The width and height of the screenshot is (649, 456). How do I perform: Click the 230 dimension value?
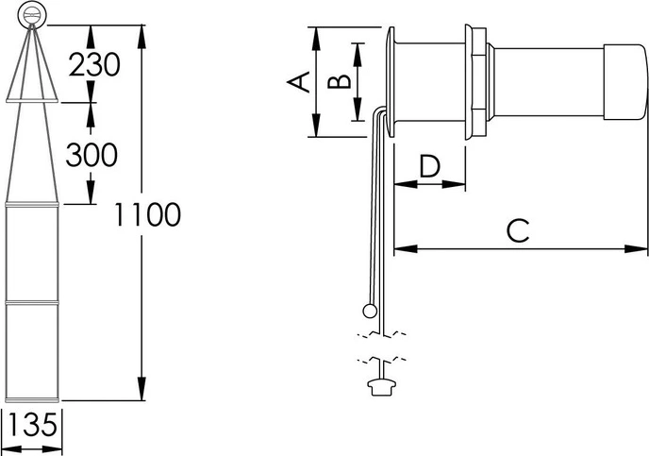click(x=94, y=64)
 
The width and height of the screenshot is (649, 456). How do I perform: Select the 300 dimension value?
click(x=92, y=155)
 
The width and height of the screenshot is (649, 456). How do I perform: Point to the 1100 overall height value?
click(x=147, y=214)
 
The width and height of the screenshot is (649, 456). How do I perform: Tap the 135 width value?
click(x=32, y=425)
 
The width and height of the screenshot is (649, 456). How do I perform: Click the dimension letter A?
click(x=299, y=81)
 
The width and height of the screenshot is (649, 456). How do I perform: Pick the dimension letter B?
click(x=339, y=81)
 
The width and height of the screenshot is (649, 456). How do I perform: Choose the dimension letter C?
click(x=518, y=230)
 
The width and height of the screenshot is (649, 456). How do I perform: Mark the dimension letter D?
click(x=429, y=165)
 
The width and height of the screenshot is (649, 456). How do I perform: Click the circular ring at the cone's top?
click(x=32, y=15)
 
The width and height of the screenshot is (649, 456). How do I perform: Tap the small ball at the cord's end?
click(x=370, y=311)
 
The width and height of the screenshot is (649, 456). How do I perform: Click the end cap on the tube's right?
click(x=624, y=82)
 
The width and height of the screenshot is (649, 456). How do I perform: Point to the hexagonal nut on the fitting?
click(x=478, y=82)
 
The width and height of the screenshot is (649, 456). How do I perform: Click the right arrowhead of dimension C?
click(x=636, y=249)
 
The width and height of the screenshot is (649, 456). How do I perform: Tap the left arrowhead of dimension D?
click(x=406, y=183)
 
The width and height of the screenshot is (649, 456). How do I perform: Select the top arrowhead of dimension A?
click(x=316, y=39)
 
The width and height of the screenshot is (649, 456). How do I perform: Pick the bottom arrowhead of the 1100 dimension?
click(x=141, y=388)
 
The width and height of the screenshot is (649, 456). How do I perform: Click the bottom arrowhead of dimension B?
click(x=358, y=109)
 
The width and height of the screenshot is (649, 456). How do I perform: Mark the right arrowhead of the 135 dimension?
click(x=52, y=449)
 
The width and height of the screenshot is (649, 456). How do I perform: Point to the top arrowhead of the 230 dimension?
click(x=91, y=37)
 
